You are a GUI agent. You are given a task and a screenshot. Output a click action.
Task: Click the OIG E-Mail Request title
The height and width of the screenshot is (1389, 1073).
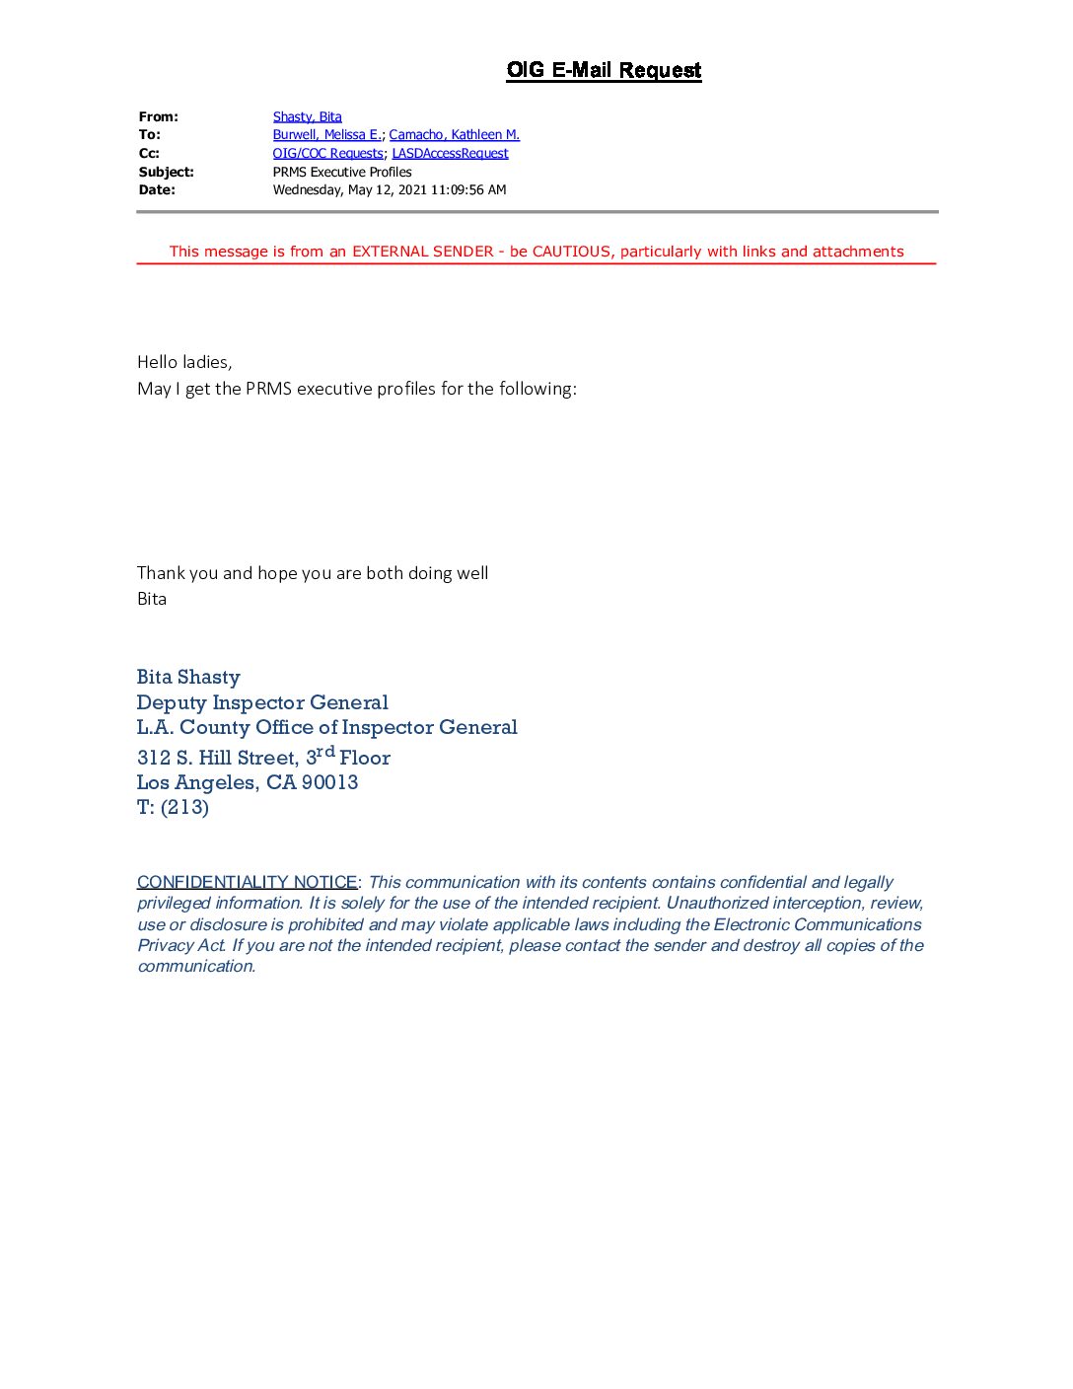click(604, 70)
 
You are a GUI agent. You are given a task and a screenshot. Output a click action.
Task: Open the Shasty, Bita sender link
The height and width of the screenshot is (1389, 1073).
click(307, 116)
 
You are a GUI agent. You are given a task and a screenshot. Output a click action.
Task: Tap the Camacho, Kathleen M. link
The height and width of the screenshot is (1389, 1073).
click(454, 134)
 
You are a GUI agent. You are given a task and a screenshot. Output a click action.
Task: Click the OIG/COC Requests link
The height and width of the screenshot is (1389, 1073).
click(327, 153)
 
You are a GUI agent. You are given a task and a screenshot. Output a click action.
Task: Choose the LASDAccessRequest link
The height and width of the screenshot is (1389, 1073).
click(450, 153)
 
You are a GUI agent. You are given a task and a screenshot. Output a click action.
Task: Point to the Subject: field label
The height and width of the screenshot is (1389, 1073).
click(166, 172)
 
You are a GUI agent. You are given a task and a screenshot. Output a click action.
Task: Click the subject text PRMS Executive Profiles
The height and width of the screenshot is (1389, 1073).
click(342, 172)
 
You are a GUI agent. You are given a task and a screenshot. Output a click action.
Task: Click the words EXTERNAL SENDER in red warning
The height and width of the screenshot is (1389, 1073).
click(422, 252)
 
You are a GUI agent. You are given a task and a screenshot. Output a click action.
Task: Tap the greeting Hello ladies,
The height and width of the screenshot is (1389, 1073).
click(184, 362)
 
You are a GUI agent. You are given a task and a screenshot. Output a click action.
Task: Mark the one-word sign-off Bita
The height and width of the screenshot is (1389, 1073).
click(152, 599)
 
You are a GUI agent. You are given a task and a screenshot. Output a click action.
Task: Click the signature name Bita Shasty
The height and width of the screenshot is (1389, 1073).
click(188, 677)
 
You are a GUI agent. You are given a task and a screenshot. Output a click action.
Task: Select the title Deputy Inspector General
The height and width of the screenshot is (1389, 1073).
click(262, 702)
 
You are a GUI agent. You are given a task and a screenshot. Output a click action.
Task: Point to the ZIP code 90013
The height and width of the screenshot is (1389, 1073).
click(329, 782)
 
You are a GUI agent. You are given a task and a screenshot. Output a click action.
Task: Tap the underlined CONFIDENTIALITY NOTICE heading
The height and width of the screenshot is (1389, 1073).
click(247, 882)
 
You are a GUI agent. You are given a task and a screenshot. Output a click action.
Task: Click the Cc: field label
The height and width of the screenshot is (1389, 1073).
click(149, 153)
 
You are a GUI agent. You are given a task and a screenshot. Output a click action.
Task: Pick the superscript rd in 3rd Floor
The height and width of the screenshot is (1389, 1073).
click(325, 752)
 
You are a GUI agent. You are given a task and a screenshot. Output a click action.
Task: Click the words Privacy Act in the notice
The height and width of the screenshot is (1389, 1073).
click(181, 945)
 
